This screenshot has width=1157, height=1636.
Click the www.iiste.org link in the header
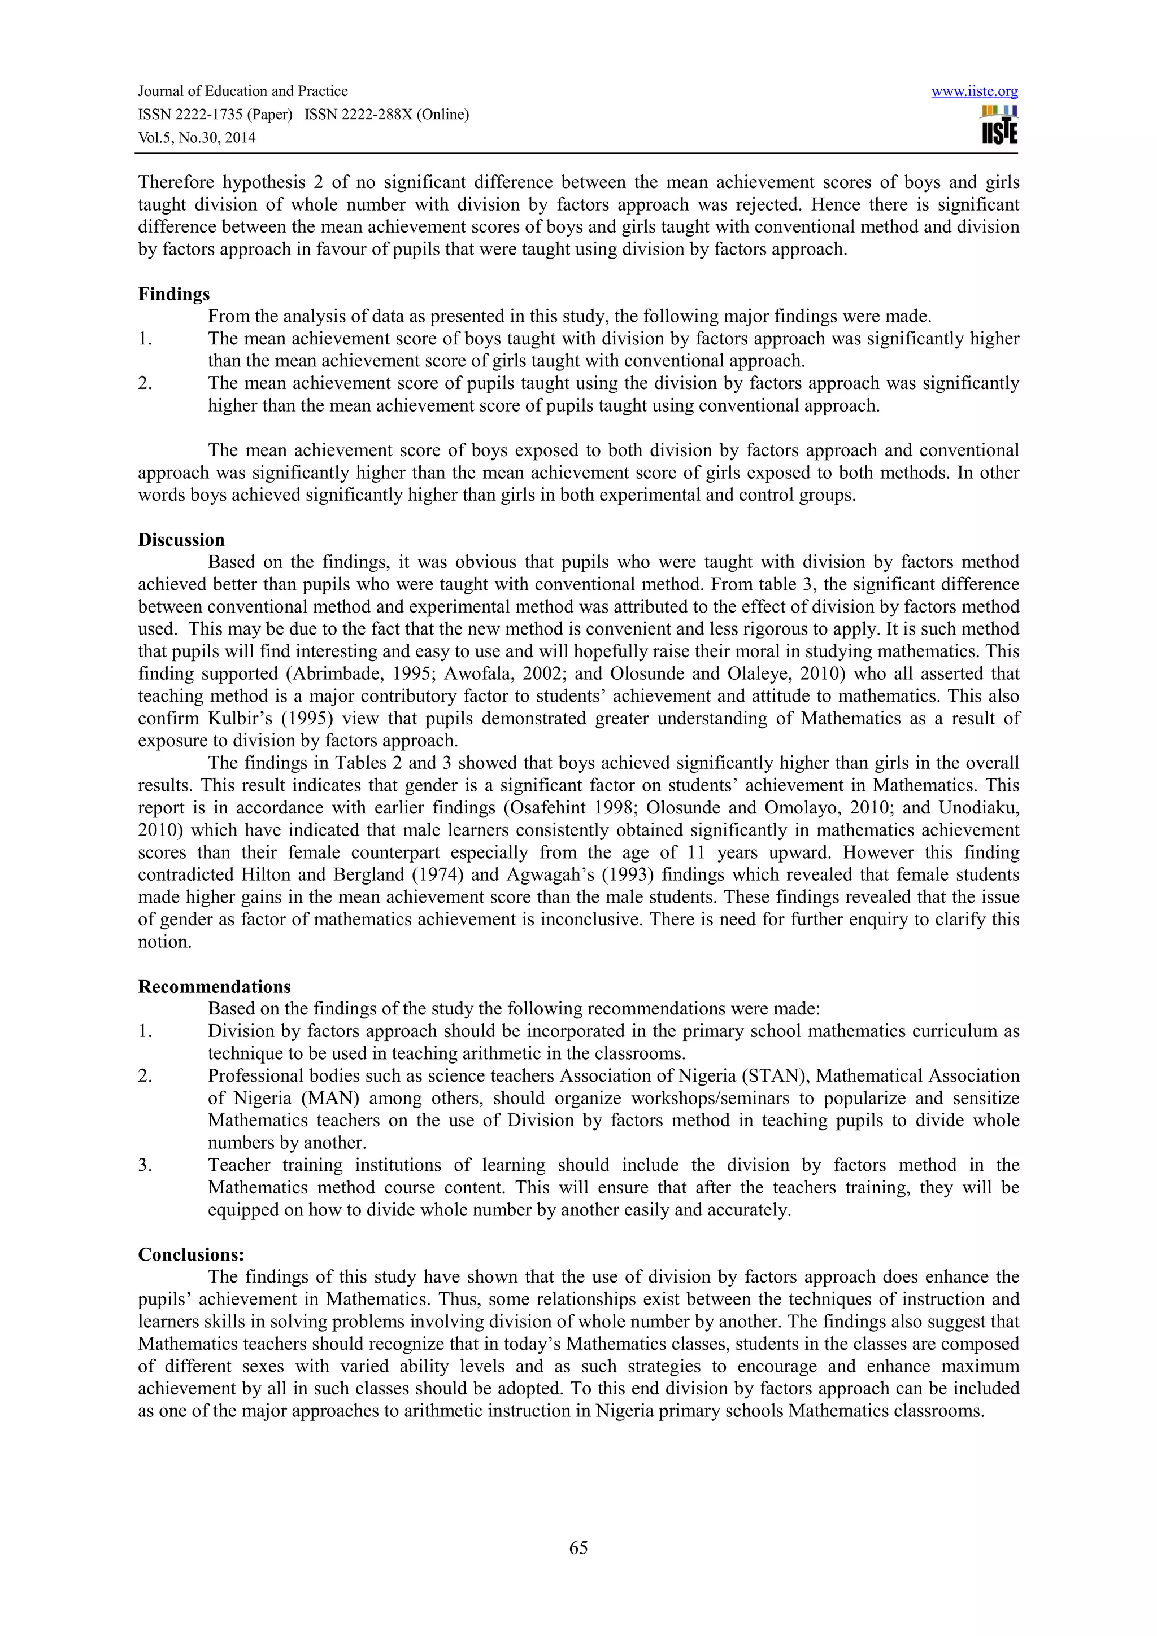[974, 91]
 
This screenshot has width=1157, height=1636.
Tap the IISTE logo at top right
[999, 125]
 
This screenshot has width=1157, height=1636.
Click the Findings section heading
[174, 294]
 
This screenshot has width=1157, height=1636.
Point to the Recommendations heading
[214, 987]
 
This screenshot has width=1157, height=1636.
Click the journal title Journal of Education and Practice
[242, 91]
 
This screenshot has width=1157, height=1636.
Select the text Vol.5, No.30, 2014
[197, 138]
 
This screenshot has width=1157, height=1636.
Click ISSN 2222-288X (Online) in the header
[386, 115]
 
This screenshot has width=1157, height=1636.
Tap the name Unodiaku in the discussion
[977, 808]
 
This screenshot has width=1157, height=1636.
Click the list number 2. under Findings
[145, 383]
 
